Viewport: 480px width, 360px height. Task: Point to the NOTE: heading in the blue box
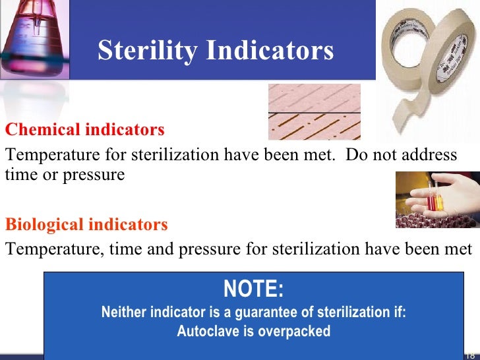click(253, 289)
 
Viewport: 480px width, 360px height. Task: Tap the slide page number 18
click(470, 355)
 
